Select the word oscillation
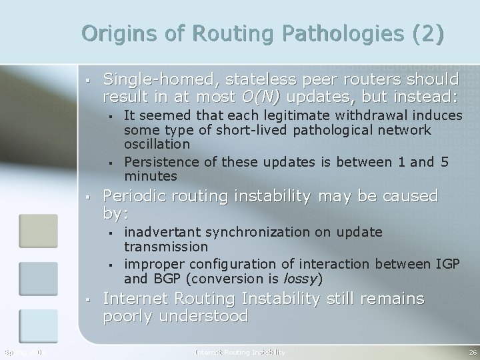(x=157, y=144)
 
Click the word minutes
(x=151, y=177)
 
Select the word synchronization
(x=262, y=232)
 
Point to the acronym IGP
(x=447, y=264)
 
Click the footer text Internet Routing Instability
(x=239, y=351)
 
